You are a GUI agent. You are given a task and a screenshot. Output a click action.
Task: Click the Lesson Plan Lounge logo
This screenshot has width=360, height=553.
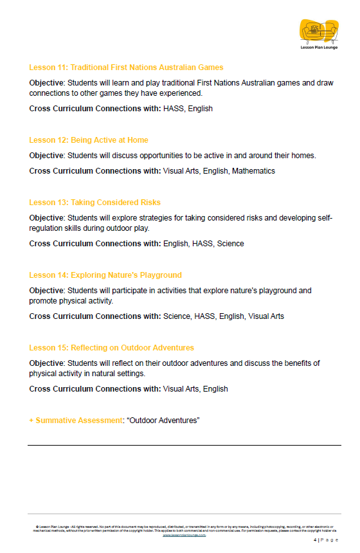coord(319,33)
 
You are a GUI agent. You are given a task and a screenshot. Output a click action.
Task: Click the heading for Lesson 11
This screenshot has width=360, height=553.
coord(126,68)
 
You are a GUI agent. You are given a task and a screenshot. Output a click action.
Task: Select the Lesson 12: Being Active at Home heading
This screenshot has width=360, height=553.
coord(89,140)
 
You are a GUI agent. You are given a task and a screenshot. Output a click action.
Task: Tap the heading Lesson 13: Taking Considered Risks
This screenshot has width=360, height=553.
coord(94,203)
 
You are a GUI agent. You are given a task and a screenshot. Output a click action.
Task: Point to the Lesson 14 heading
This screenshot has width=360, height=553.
coord(105,275)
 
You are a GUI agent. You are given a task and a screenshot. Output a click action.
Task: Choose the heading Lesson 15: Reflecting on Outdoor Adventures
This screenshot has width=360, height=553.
coord(111,348)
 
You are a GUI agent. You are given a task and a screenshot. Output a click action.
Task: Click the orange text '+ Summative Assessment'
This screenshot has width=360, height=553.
coord(75,421)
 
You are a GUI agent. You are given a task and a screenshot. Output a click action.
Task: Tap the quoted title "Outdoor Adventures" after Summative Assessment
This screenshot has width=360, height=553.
coord(163,421)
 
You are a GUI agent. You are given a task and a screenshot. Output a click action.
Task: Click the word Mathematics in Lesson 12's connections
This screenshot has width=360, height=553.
coord(253,171)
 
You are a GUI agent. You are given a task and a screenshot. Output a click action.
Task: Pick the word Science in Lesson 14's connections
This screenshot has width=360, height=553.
coord(177,316)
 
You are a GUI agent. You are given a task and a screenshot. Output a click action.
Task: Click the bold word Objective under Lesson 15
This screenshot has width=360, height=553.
coord(46,363)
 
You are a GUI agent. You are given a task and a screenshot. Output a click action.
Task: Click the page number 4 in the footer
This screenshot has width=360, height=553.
coord(315,540)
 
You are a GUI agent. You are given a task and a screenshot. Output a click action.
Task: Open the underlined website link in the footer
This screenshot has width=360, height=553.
coord(184,534)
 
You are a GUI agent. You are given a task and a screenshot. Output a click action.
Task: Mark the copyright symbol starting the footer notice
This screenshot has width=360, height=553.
coord(37,527)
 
